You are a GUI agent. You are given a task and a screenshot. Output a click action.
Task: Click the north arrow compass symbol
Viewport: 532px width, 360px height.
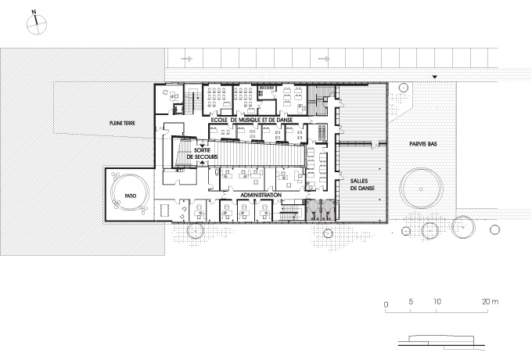(x=36, y=23)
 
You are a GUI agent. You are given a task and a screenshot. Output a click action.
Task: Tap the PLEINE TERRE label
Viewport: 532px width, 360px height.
(x=122, y=124)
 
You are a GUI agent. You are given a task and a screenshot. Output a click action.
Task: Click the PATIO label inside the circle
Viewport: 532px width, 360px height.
(x=131, y=196)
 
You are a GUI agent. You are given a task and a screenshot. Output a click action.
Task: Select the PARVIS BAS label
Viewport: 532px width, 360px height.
(x=423, y=144)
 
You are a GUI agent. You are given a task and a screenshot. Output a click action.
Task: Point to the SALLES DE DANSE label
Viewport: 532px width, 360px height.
(x=362, y=185)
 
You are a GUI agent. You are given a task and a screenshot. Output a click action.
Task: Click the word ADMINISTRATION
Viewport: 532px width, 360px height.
(x=261, y=195)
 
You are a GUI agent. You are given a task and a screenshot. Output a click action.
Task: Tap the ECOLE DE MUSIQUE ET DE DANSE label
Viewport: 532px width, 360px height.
(x=252, y=120)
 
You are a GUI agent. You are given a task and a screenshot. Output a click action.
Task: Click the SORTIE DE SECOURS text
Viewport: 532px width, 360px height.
(x=202, y=153)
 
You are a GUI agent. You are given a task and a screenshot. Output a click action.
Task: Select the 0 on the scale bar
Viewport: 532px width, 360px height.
(x=386, y=304)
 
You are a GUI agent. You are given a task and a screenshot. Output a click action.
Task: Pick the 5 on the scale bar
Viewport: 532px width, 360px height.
(x=411, y=301)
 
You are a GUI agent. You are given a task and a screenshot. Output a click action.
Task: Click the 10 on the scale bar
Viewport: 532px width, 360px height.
(x=437, y=301)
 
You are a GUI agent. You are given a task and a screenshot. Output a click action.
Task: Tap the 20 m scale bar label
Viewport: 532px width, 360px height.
(x=491, y=301)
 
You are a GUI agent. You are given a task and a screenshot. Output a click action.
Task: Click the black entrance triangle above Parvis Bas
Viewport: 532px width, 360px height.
(x=434, y=77)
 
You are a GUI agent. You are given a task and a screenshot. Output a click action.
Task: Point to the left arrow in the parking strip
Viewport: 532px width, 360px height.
(x=187, y=59)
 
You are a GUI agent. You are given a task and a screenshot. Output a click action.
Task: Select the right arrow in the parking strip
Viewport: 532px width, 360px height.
(x=324, y=59)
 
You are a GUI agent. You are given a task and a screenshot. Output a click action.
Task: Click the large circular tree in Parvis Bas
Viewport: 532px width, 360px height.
(x=421, y=189)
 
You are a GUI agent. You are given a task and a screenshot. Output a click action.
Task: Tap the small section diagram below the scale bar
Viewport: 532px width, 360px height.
(x=442, y=342)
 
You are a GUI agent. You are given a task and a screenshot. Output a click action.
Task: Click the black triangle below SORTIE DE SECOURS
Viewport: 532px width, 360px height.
(x=202, y=163)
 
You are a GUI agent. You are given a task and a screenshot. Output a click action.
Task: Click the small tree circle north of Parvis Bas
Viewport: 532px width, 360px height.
(x=403, y=88)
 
